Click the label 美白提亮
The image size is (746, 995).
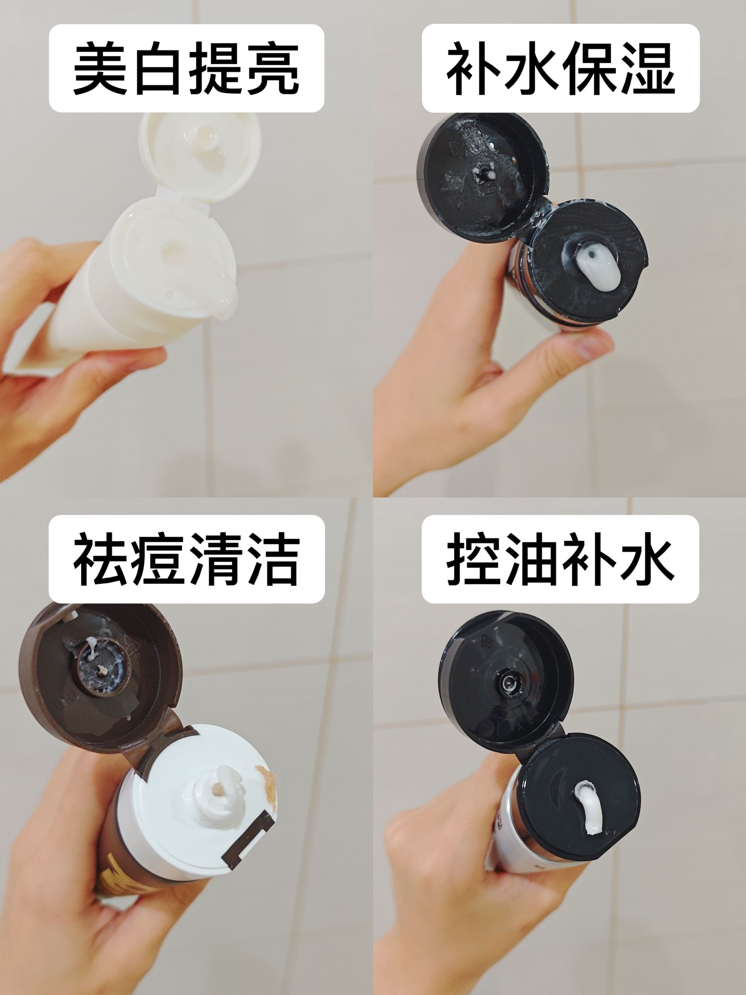pos(186,68)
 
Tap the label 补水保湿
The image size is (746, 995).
pos(560,68)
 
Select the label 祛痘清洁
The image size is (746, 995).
pos(186,559)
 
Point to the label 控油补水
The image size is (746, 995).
pos(560,559)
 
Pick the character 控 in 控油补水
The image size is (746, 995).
pos(475,559)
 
